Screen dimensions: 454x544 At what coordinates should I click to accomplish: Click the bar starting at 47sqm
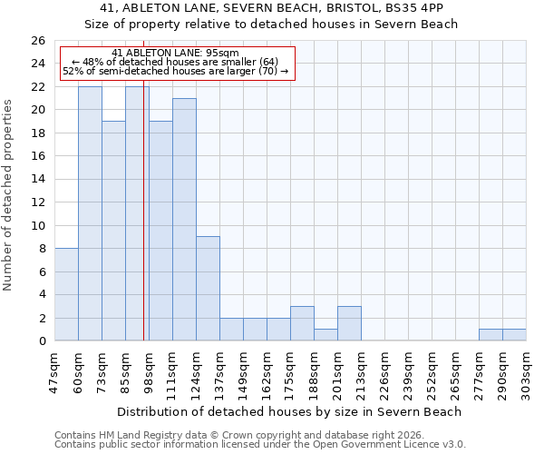pyautogui.click(x=66, y=294)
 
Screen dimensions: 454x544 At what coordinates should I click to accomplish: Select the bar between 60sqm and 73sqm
pyautogui.click(x=90, y=213)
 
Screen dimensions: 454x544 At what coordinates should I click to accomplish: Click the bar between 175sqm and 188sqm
pyautogui.click(x=302, y=323)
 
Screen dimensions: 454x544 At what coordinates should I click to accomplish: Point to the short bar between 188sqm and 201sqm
pyautogui.click(x=325, y=334)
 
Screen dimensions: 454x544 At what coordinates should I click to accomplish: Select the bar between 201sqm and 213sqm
pyautogui.click(x=349, y=323)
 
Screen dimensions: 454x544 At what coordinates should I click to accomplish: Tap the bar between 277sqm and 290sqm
pyautogui.click(x=491, y=334)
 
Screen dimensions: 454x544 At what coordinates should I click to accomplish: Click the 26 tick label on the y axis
pyautogui.click(x=37, y=41)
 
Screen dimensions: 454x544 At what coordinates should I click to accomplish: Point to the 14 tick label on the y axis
pyautogui.click(x=37, y=179)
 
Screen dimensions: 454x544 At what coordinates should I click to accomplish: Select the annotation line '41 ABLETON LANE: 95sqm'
pyautogui.click(x=177, y=54)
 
